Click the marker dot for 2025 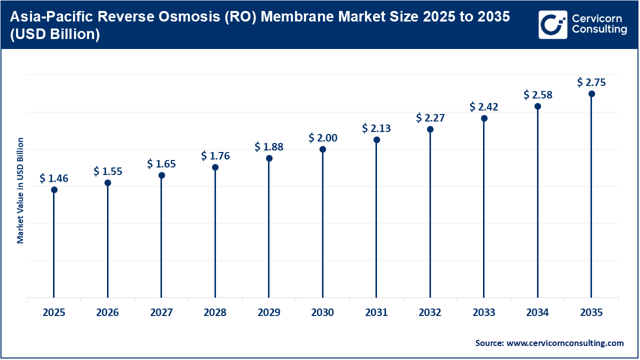click(54, 190)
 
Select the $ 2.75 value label click(591, 82)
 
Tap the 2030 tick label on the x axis click(322, 313)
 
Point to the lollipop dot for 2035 click(591, 94)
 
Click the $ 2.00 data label click(322, 138)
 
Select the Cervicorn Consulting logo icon click(553, 24)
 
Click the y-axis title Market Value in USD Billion click(20, 190)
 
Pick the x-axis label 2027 click(161, 313)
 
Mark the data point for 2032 click(430, 129)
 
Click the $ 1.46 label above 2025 click(54, 178)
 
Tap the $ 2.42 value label click(484, 107)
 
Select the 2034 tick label click(537, 313)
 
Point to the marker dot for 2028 click(215, 167)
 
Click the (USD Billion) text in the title click(54, 34)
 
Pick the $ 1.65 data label click(161, 164)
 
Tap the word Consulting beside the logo click(599, 29)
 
